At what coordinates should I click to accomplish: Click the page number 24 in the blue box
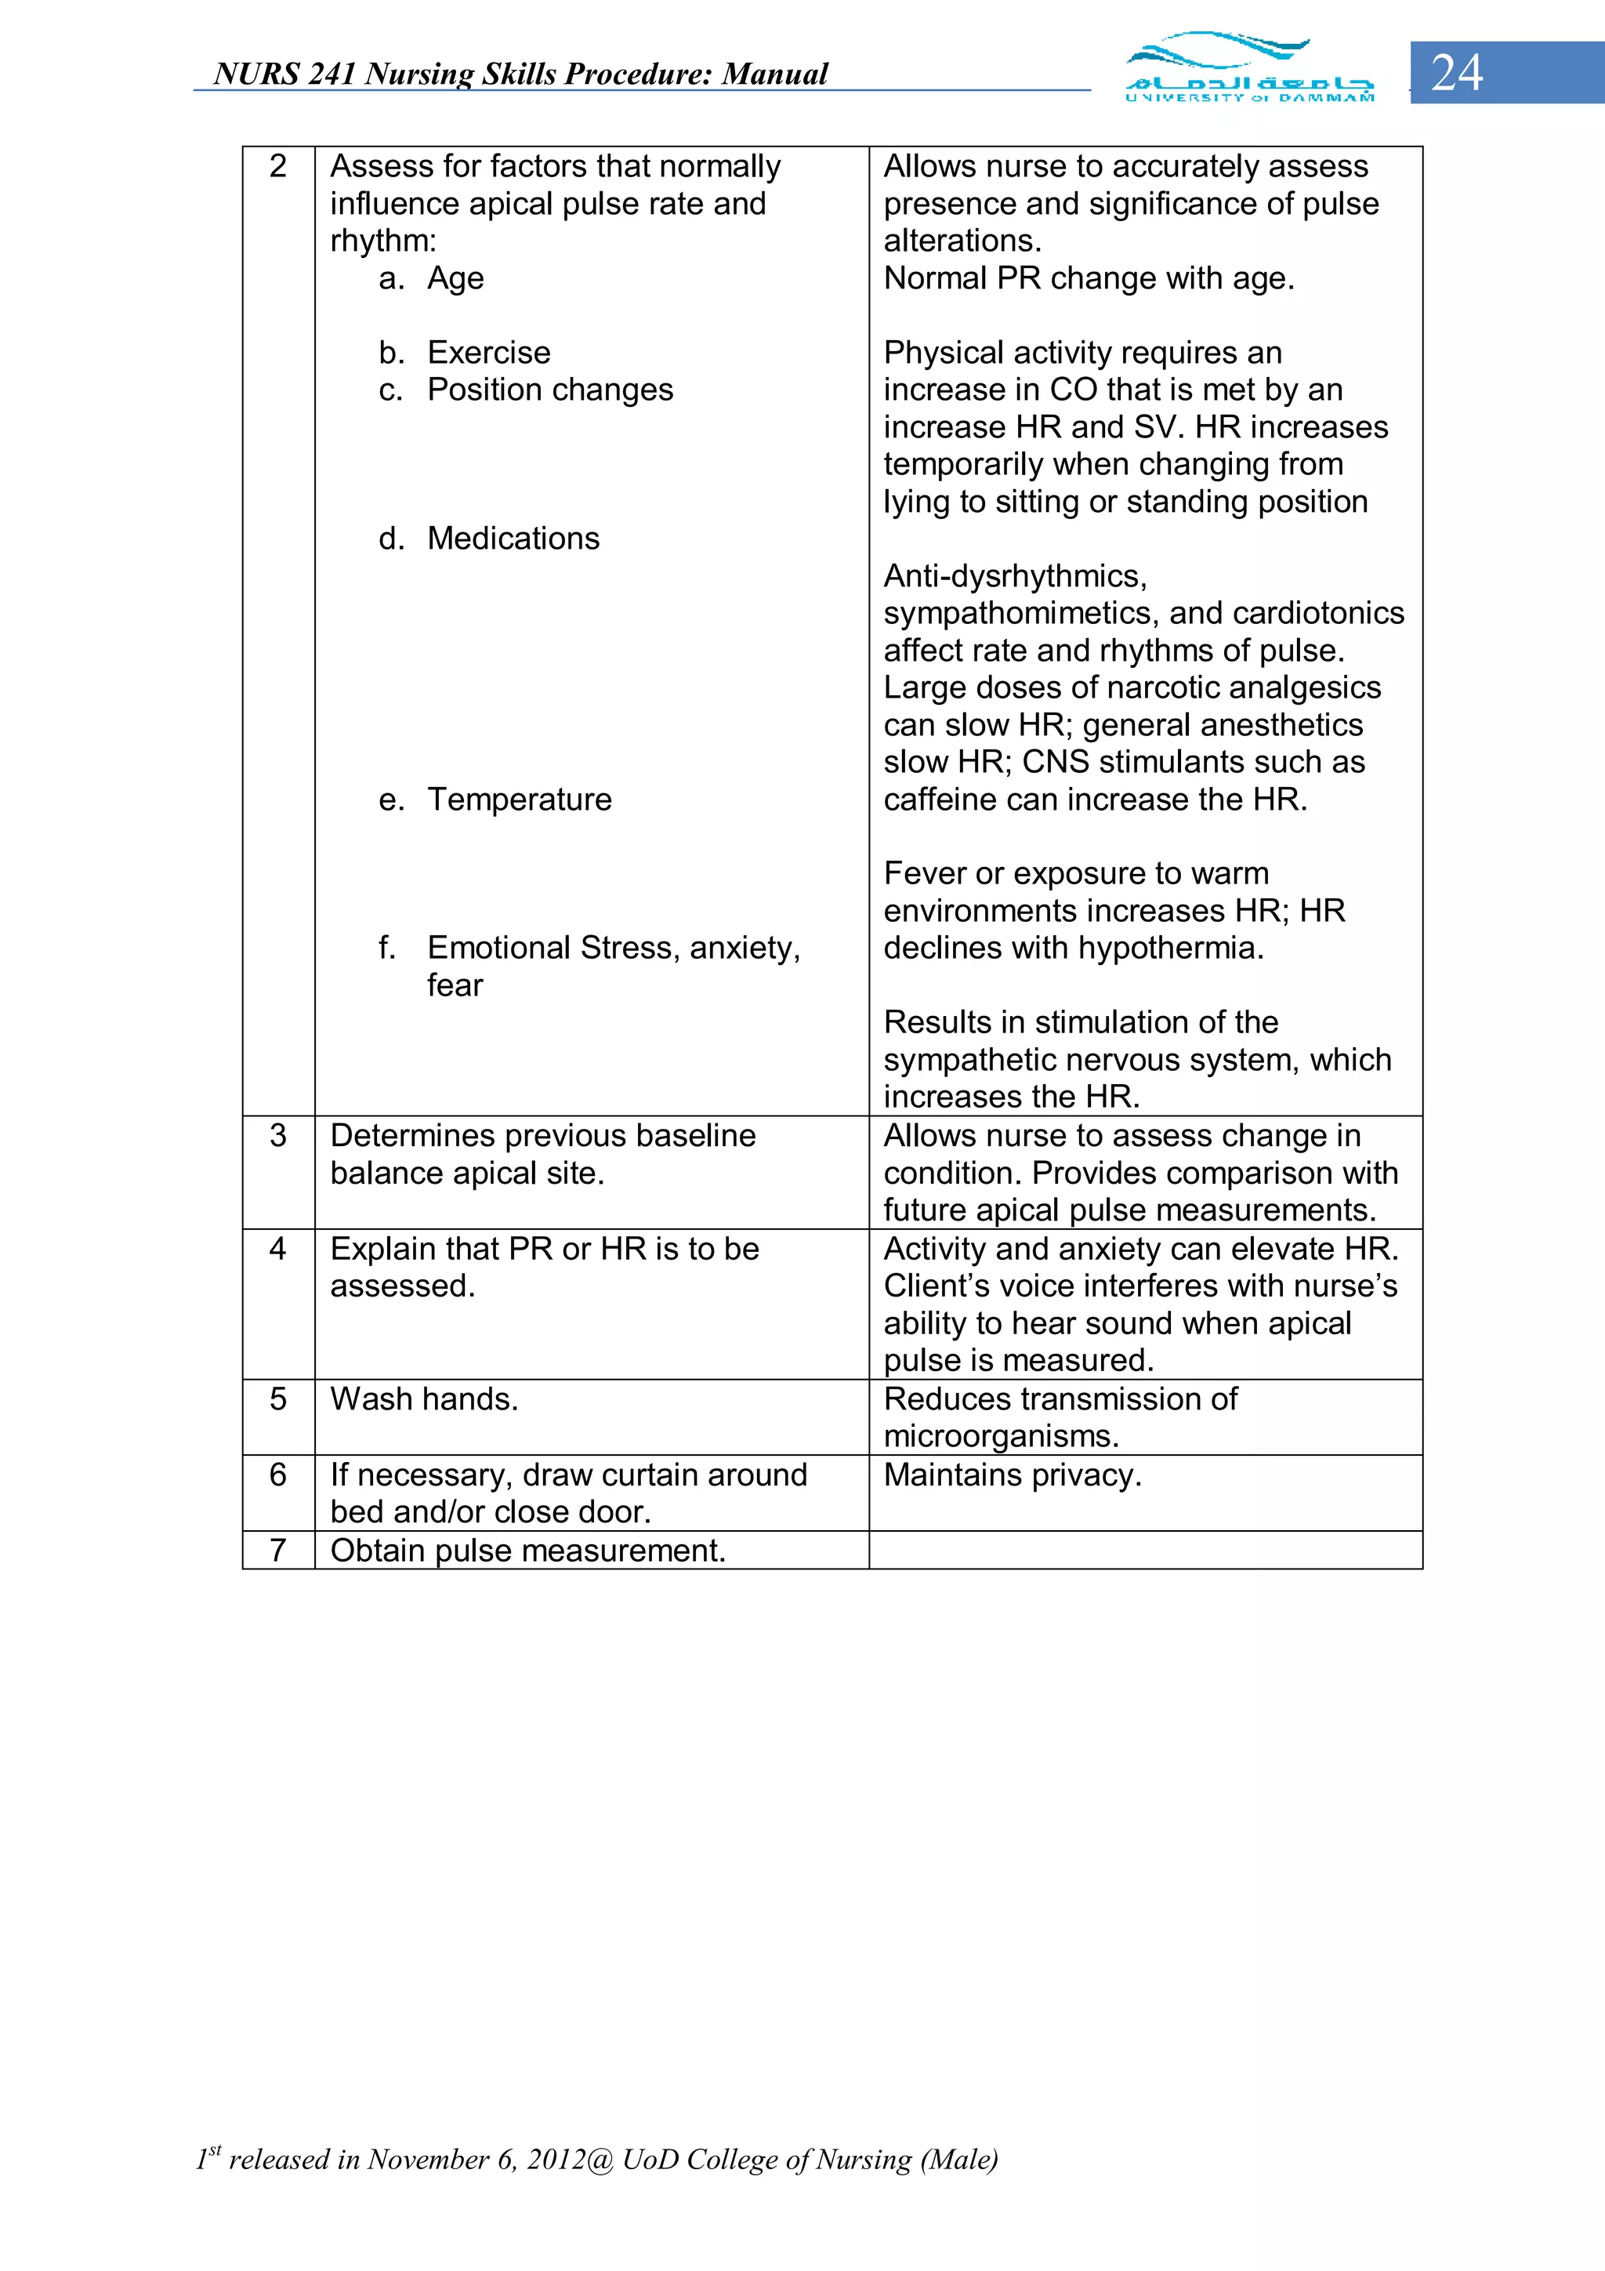tap(1457, 73)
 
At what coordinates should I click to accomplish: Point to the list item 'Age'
tap(455, 279)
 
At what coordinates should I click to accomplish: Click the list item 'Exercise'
tap(488, 353)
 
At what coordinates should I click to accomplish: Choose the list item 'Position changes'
tap(550, 390)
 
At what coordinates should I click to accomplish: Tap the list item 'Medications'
tap(513, 538)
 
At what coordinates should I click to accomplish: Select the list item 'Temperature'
tap(519, 800)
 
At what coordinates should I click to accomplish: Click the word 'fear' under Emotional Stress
tap(455, 985)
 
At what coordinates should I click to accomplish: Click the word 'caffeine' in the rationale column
tap(940, 800)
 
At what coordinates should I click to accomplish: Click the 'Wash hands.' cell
tap(424, 1399)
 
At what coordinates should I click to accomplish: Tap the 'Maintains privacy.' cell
tap(1013, 1475)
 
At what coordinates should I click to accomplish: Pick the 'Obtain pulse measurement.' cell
tap(528, 1550)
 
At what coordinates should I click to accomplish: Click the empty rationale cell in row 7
tap(1145, 1550)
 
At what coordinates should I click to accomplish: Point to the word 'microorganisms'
tap(1000, 1436)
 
